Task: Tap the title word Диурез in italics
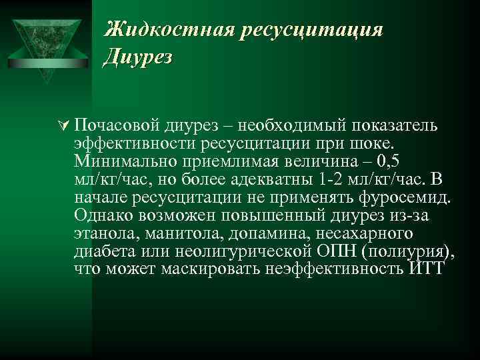coord(139,57)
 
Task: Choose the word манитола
coord(178,234)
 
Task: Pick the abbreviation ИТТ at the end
coord(424,270)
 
